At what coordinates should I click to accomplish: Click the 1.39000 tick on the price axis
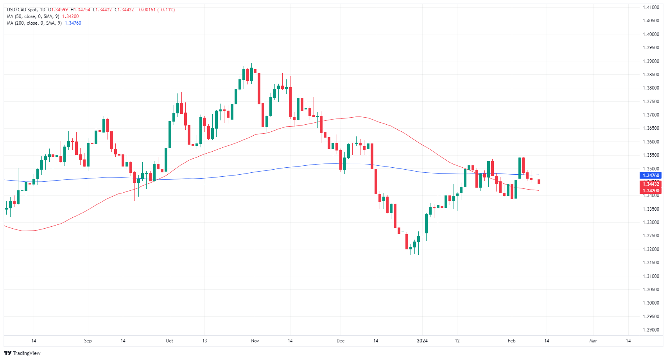click(651, 61)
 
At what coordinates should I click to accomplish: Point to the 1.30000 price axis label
click(651, 303)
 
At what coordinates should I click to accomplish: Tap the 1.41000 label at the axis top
click(651, 7)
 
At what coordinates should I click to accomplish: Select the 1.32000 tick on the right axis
click(651, 249)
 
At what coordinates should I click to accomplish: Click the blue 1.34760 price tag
click(650, 176)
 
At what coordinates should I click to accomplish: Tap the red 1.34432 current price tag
click(650, 184)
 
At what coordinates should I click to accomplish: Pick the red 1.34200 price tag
click(650, 191)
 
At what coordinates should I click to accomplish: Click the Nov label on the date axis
click(255, 341)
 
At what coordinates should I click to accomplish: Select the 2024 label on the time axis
click(422, 341)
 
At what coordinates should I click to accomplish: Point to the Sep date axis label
click(88, 341)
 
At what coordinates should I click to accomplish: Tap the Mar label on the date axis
click(593, 341)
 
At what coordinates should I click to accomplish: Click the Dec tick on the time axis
click(341, 341)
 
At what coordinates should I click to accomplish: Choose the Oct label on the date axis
click(169, 341)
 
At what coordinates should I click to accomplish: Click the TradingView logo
click(22, 353)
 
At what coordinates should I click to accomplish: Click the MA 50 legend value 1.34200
click(70, 16)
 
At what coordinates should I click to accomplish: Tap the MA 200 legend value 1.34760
click(73, 23)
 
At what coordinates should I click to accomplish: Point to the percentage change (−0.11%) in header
click(166, 10)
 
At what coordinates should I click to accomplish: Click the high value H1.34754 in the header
click(80, 10)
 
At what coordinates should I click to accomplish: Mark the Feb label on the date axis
click(511, 341)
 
